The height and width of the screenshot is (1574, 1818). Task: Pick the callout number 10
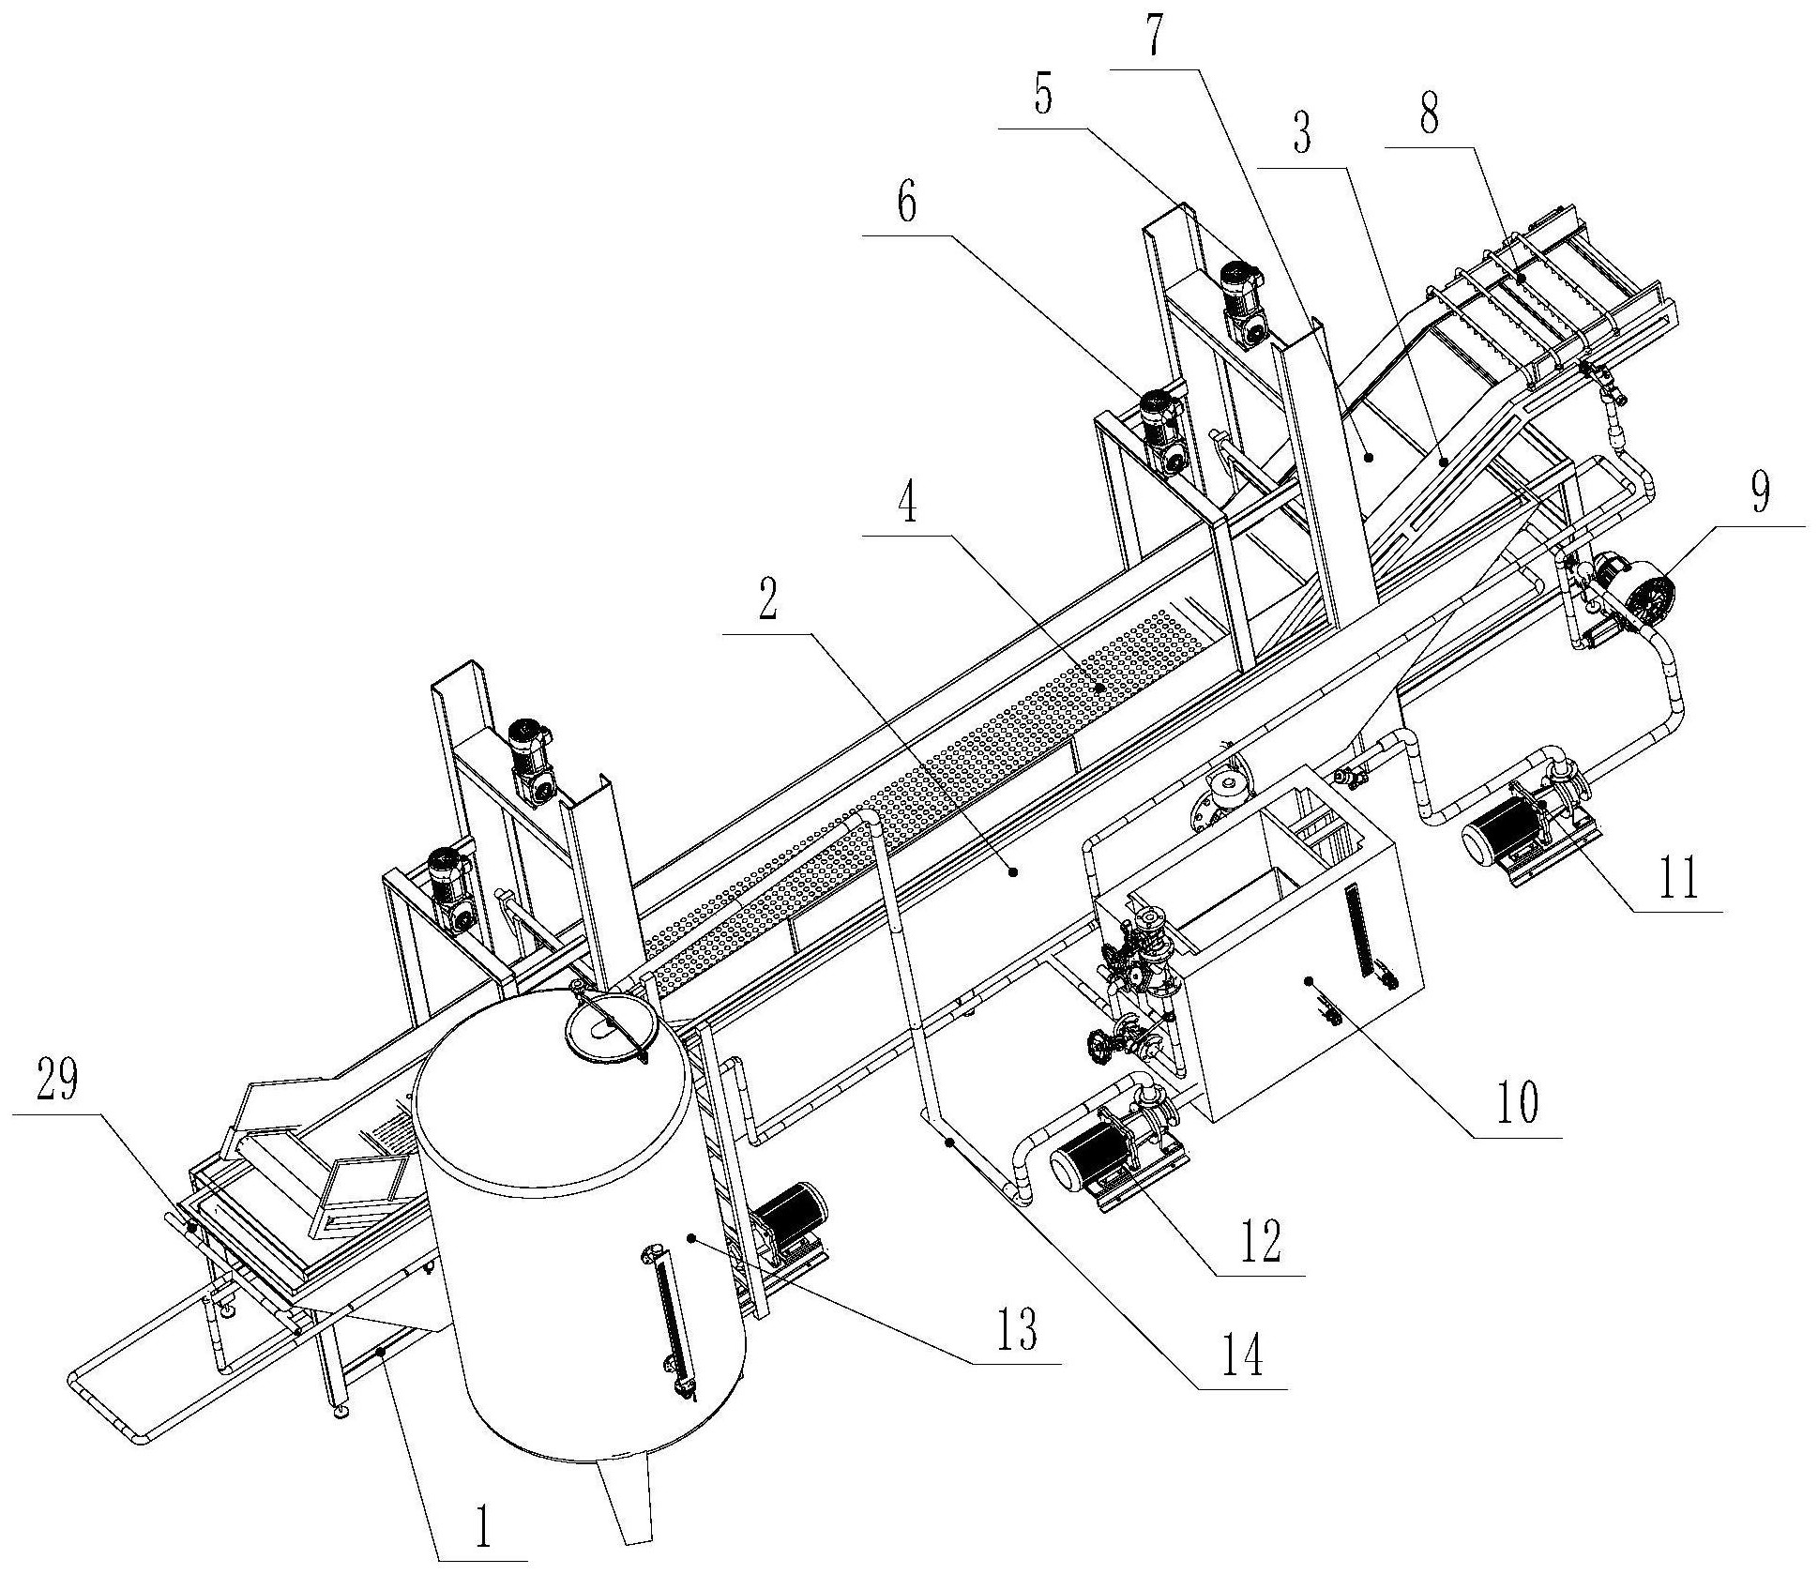(1515, 1104)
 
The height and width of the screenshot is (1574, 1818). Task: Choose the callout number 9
(1759, 492)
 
